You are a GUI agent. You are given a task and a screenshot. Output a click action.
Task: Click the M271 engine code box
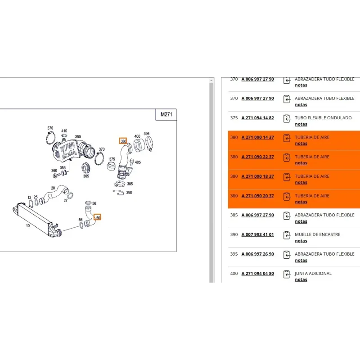(166, 114)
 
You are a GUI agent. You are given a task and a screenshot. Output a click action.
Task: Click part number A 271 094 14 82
(257, 118)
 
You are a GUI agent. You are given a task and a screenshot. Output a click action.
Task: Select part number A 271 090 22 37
(257, 157)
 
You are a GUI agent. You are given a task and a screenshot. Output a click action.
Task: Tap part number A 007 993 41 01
(257, 234)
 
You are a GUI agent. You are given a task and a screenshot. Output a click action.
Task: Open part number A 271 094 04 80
(257, 274)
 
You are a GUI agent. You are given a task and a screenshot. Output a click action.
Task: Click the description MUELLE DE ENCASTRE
(318, 234)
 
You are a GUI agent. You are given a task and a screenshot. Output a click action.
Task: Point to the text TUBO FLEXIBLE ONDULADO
(323, 118)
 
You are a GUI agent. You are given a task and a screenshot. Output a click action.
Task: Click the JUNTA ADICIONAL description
(313, 274)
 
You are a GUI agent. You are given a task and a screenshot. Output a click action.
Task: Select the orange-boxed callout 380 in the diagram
(123, 141)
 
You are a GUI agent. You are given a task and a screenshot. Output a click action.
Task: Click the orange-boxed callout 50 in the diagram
(98, 217)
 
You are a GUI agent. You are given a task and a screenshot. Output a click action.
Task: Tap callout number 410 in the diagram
(64, 131)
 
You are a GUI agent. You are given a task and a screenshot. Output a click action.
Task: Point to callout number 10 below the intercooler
(28, 226)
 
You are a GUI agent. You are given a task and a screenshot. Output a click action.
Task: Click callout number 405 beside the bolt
(138, 162)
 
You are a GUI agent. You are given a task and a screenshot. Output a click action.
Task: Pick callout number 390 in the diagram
(129, 193)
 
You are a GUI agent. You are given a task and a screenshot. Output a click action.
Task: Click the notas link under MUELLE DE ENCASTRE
(301, 241)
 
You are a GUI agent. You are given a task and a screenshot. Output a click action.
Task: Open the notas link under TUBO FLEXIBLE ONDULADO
(301, 124)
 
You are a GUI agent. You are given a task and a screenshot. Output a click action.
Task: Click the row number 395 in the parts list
(234, 254)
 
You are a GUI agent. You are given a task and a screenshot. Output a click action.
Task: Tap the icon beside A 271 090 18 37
(287, 177)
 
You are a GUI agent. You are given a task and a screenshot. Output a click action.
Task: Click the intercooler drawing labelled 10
(37, 220)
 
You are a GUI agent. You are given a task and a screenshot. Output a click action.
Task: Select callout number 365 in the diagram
(86, 176)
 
